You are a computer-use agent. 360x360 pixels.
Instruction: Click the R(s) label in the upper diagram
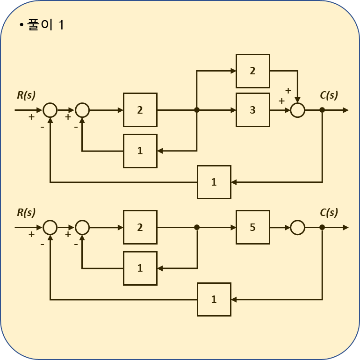click(26, 95)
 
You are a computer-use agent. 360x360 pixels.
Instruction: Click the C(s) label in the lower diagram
click(329, 212)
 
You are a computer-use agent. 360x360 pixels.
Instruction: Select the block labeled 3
click(252, 110)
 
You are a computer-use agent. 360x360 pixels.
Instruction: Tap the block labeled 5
click(252, 227)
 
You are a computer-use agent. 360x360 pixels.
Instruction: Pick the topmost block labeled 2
click(252, 71)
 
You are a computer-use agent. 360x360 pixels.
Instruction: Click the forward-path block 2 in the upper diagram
click(140, 110)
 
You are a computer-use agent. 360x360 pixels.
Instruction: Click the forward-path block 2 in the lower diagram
click(140, 227)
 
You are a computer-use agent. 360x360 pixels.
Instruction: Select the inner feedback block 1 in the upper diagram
click(140, 151)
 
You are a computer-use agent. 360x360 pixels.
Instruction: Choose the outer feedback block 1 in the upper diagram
click(214, 182)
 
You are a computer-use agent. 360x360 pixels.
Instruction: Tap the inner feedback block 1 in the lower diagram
click(140, 268)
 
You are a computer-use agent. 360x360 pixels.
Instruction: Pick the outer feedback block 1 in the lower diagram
click(214, 299)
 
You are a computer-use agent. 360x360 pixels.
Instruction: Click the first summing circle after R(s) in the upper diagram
click(50, 110)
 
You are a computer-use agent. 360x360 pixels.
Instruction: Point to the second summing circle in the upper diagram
click(82, 110)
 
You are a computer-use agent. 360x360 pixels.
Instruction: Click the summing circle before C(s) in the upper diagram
click(297, 110)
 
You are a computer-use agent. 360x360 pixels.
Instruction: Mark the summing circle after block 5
click(297, 227)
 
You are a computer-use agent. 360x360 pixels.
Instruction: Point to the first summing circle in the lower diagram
click(50, 227)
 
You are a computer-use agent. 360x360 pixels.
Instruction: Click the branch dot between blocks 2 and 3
click(197, 110)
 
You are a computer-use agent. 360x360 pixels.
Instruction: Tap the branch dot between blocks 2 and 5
click(197, 227)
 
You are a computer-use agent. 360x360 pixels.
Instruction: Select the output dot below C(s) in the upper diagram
click(322, 110)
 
